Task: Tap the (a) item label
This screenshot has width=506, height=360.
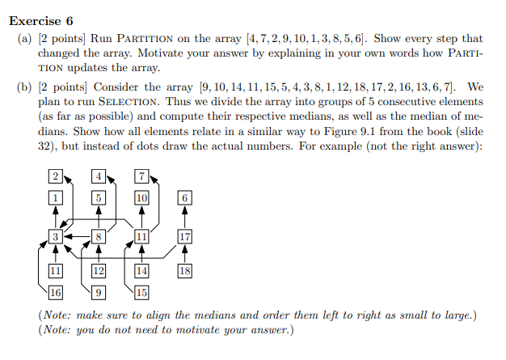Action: [25, 39]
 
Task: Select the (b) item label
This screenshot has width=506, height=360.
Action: [25, 87]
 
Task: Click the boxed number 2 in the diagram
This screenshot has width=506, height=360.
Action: [55, 176]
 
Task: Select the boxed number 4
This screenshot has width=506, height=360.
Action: [99, 176]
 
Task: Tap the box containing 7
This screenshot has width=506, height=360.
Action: [141, 176]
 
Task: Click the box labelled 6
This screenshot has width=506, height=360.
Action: [184, 198]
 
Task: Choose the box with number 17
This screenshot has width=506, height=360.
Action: [184, 237]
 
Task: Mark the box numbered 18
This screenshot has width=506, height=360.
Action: [184, 271]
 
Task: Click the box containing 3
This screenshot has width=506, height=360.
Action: [55, 237]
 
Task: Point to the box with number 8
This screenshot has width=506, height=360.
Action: [99, 237]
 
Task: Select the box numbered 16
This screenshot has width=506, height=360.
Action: [55, 292]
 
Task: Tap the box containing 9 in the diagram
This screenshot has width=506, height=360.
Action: [99, 292]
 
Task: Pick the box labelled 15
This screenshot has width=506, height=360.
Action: [141, 292]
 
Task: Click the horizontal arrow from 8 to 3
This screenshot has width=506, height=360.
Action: [77, 237]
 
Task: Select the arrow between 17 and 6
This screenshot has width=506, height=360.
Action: [184, 218]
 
